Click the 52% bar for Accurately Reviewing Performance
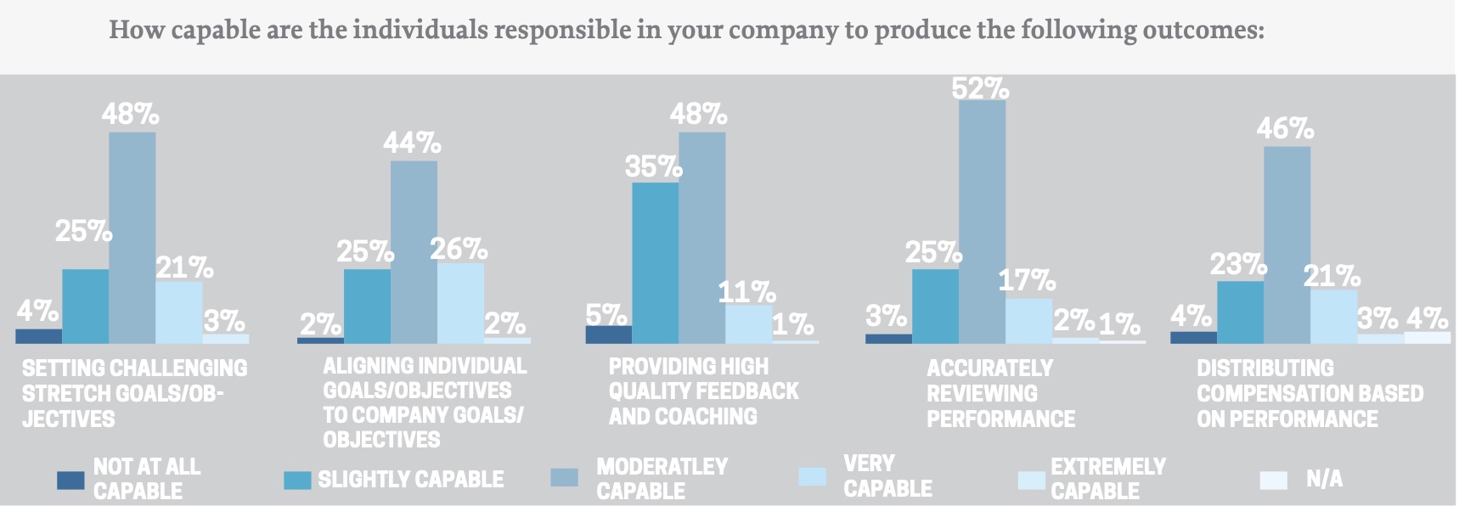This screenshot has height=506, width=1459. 982,221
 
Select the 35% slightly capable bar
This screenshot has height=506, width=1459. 655,263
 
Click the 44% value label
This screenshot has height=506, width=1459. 412,143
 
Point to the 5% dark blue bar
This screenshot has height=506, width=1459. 608,335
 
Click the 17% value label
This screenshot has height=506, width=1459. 1027,280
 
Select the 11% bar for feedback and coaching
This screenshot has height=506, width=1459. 748,324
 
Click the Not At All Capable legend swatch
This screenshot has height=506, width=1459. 70,481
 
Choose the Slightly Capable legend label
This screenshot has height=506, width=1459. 410,480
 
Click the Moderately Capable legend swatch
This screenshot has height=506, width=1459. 565,477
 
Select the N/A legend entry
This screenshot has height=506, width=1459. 1324,480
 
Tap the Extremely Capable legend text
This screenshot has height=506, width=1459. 1107,479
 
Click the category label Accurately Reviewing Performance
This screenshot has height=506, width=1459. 1000,393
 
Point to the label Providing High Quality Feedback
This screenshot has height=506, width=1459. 702,391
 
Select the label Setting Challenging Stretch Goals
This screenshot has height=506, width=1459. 133,393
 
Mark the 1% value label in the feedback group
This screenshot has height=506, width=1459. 793,324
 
